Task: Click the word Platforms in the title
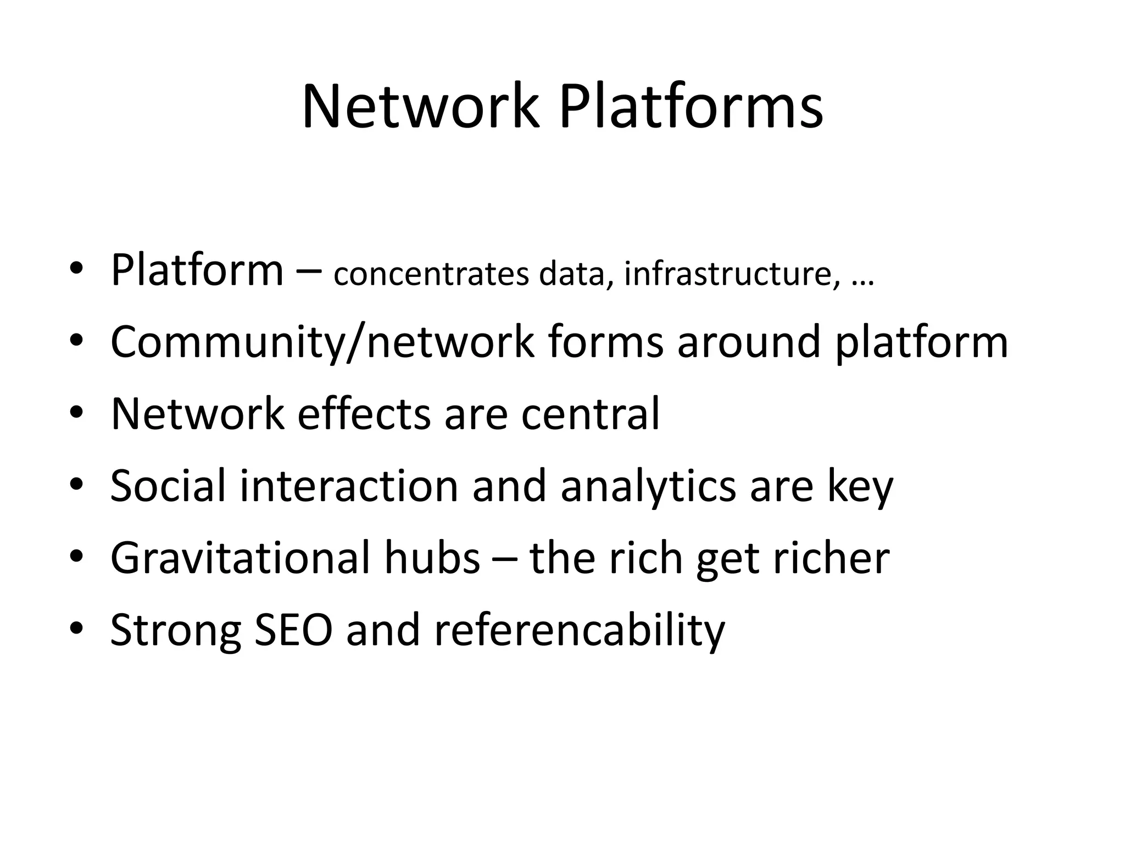pyautogui.click(x=690, y=108)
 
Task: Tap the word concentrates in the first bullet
pyautogui.click(x=431, y=274)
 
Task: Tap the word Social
pyautogui.click(x=168, y=486)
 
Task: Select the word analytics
pyautogui.click(x=648, y=487)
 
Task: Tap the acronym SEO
pyautogui.click(x=293, y=630)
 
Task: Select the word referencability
pyautogui.click(x=580, y=631)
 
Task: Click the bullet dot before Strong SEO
pyautogui.click(x=76, y=628)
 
